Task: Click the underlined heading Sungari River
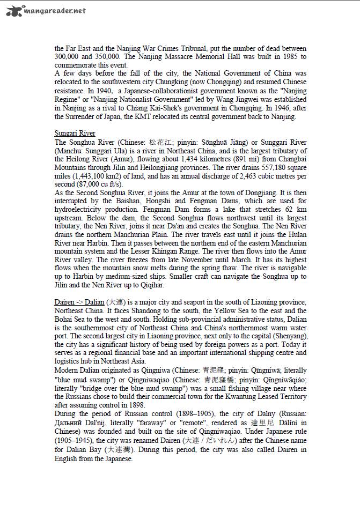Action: click(x=76, y=132)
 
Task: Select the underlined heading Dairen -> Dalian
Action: click(x=79, y=302)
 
